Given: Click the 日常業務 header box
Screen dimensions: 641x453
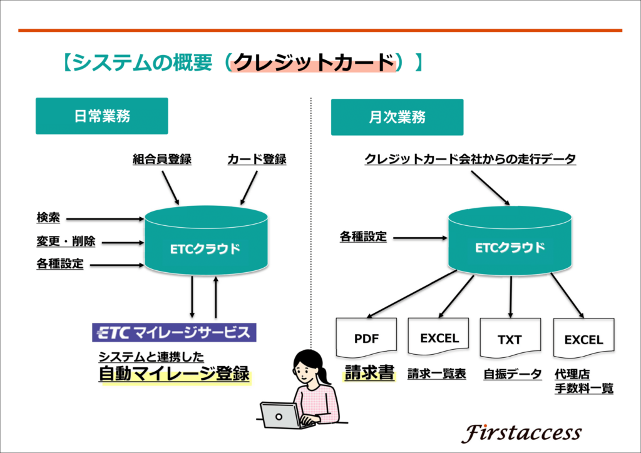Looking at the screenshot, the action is pos(102,116).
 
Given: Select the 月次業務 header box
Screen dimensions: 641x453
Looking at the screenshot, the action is pos(397,117).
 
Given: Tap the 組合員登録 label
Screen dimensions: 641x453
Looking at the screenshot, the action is pos(162,159).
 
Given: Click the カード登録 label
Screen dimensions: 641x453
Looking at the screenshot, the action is pos(257,159).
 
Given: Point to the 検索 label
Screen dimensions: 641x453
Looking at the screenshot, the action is pos(48,218).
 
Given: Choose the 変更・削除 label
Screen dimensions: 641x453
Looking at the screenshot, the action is pos(66,242).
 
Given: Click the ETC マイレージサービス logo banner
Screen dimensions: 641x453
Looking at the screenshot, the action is pos(174,332).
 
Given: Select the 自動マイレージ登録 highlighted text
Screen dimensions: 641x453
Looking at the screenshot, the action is pos(174,374).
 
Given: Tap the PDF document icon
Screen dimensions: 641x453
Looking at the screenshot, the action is pos(366,337).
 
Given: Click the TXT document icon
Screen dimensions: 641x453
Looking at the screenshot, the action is pos(510,338).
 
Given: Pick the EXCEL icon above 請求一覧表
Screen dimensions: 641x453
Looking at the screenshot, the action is pos(438,337).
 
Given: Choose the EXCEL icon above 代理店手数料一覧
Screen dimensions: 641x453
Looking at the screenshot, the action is pos(584,338).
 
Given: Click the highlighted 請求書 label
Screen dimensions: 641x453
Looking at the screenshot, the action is pos(369,372).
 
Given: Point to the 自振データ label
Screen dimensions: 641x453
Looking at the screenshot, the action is pos(513,374).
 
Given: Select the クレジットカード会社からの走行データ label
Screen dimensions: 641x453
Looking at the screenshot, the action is pos(470,159).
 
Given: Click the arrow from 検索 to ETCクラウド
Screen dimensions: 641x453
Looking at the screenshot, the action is pos(105,219).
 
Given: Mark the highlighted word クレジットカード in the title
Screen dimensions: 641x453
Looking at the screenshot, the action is pos(314,63).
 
